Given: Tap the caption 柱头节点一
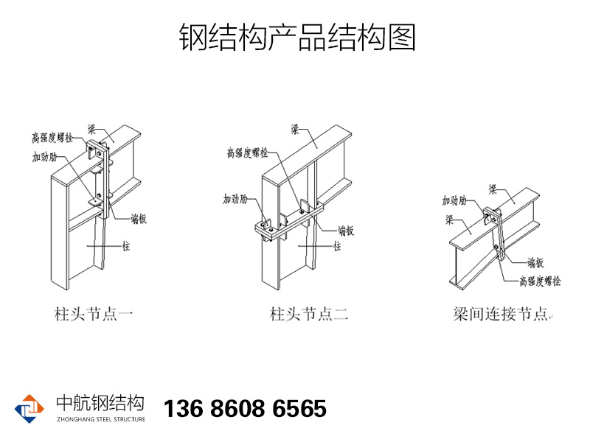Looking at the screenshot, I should [x=94, y=315].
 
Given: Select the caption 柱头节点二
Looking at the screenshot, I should [x=309, y=315].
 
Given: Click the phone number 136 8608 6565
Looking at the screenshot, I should [x=244, y=409].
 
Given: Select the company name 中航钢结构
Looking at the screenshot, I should [x=100, y=403].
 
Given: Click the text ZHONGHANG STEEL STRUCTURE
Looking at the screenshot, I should [x=100, y=419].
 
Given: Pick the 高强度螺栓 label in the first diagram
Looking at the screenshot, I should [x=52, y=138].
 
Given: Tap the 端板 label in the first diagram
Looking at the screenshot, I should [x=139, y=218].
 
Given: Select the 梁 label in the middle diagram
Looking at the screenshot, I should [x=294, y=130].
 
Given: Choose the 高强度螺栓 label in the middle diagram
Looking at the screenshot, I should [x=247, y=153].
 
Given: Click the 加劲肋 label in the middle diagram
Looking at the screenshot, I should [x=235, y=199].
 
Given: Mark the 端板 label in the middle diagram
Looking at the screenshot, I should [x=347, y=231].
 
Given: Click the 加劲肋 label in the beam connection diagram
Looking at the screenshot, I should [x=454, y=200].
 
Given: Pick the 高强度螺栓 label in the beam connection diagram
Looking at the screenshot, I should [x=540, y=281].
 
